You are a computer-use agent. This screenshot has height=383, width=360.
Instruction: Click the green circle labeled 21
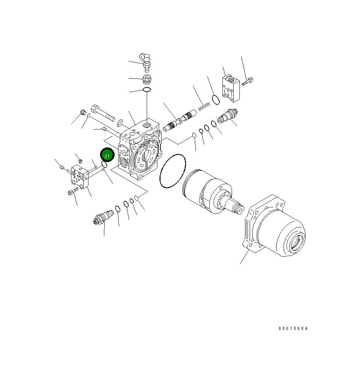107,155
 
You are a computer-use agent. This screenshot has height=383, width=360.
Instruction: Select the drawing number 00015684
293,329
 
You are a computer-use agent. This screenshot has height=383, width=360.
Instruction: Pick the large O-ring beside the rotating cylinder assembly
173,171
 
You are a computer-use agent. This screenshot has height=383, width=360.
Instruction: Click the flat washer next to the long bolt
120,123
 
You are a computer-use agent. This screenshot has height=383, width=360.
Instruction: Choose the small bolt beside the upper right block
248,82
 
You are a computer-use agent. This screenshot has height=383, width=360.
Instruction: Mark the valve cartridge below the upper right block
227,116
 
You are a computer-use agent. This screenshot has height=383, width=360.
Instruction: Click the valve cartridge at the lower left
103,217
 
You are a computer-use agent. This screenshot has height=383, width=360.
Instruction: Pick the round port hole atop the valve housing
147,124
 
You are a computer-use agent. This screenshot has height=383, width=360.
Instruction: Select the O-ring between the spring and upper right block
216,100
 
